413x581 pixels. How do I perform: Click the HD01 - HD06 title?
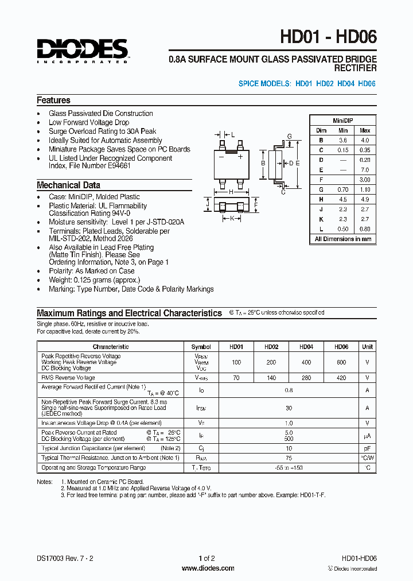328,37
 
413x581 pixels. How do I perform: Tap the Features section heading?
54,100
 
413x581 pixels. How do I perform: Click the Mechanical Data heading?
68,185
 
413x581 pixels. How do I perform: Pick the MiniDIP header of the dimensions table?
343,121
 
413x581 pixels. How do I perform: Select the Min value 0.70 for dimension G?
343,189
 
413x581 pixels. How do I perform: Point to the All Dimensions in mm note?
343,239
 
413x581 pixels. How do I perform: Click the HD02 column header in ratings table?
271,347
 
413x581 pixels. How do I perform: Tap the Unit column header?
367,347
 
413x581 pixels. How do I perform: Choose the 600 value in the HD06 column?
342,363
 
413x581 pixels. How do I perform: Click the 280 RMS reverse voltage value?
306,378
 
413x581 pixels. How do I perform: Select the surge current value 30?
289,408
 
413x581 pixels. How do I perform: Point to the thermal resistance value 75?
289,458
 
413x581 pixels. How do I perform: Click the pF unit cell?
367,448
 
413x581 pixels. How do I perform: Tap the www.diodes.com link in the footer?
208,568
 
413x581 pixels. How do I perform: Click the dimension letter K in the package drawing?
232,218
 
